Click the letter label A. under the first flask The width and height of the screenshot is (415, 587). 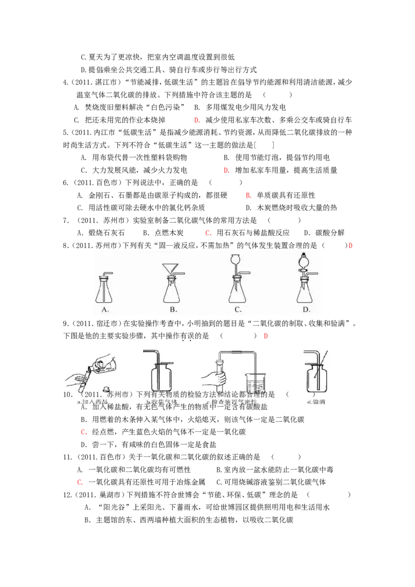click(x=105, y=310)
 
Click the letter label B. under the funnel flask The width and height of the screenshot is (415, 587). click(x=173, y=310)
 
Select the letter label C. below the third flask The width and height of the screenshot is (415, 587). click(x=238, y=310)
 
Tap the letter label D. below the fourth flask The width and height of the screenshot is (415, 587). click(x=306, y=310)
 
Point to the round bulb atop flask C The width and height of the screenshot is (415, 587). click(x=236, y=258)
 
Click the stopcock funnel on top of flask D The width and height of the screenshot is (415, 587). click(x=304, y=261)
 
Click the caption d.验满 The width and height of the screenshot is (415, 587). click(x=316, y=402)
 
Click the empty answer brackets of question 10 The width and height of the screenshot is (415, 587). click(x=300, y=395)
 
